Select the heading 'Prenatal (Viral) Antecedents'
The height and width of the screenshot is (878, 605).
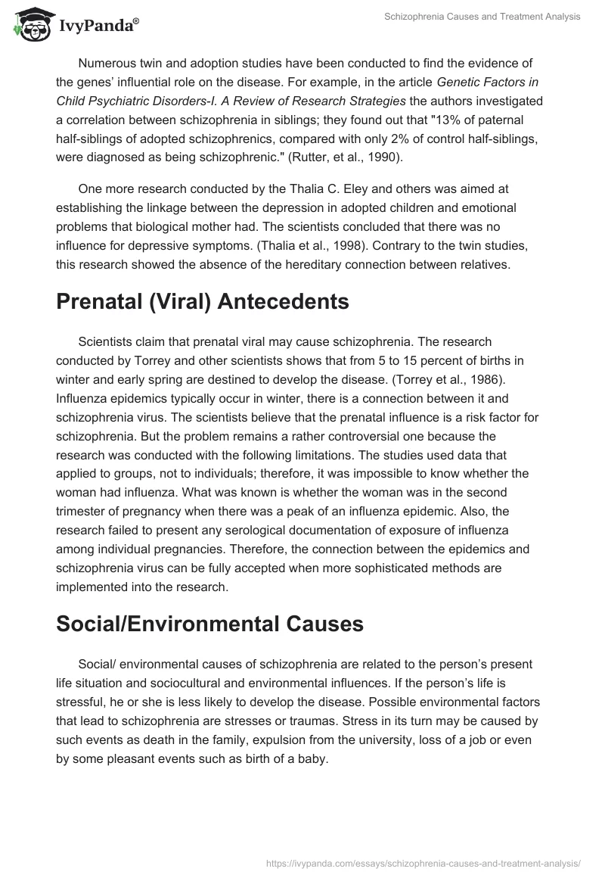[203, 301]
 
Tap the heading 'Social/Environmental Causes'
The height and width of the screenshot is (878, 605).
[210, 624]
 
